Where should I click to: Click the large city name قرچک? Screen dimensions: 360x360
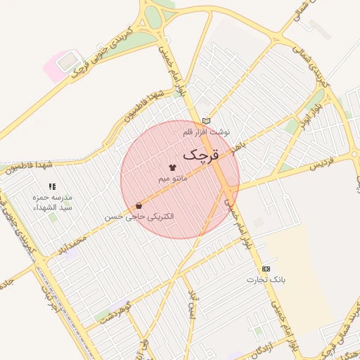[202, 153]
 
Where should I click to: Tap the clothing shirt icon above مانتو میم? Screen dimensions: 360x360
[172, 167]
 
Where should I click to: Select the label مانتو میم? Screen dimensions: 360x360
[172, 179]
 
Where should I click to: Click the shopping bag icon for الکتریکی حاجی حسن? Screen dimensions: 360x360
[139, 205]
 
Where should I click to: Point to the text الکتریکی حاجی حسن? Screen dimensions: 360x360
[139, 217]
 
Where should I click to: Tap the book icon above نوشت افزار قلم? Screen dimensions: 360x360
[205, 121]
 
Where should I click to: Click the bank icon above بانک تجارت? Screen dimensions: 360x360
[266, 269]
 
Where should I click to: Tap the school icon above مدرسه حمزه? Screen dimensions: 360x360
[52, 187]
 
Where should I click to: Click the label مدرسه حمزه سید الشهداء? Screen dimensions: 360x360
[53, 202]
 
